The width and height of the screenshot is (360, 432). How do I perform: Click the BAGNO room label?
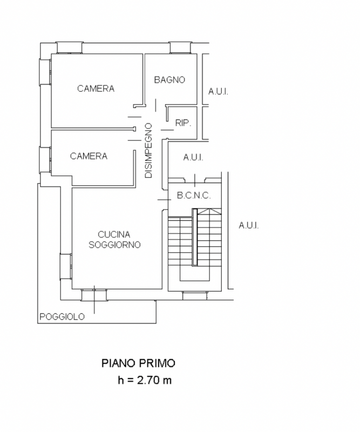point(169,80)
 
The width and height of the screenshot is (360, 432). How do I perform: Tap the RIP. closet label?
point(183,123)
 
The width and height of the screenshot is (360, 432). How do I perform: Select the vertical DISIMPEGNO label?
point(149,151)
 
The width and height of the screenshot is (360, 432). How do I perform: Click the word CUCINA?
point(114,234)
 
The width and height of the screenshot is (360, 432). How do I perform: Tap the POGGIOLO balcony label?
point(62,317)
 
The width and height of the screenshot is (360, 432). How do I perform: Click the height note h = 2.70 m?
point(145,380)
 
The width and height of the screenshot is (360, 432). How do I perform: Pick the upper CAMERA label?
point(96,89)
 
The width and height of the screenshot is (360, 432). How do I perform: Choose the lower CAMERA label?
point(89,156)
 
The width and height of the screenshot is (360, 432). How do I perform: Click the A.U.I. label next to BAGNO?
point(219,92)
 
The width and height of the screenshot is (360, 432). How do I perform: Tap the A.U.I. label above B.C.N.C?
point(193,158)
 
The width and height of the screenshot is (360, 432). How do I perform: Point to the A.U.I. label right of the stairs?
point(249,226)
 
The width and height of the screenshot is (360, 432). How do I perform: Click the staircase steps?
point(194,243)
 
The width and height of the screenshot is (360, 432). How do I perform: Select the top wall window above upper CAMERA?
point(68,48)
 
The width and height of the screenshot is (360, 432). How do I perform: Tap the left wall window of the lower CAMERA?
point(45,160)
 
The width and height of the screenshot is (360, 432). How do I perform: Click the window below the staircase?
point(194,295)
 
